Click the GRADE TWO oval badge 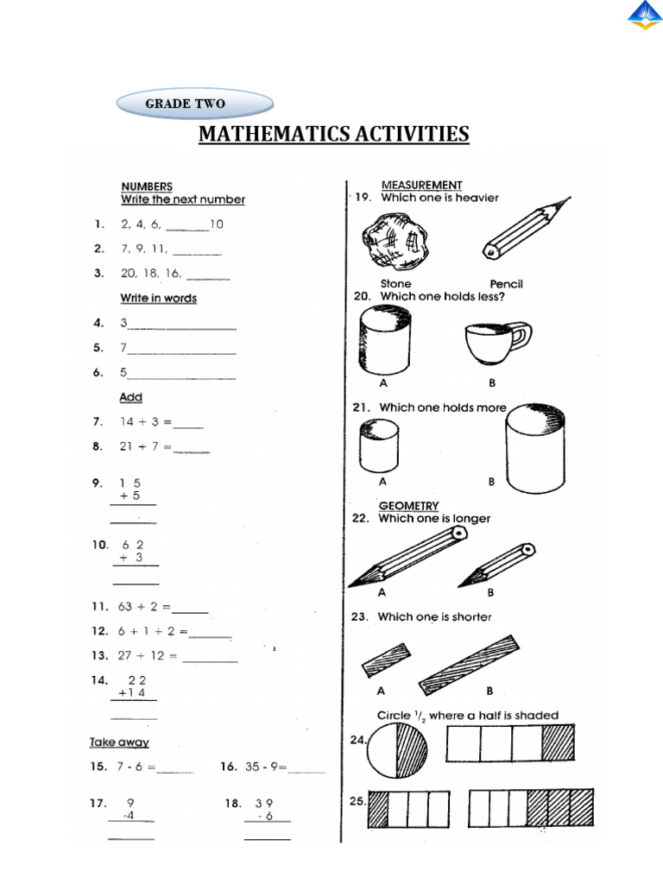(x=194, y=104)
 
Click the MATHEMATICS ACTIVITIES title (x=334, y=134)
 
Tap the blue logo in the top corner (x=644, y=16)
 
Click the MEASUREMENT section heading (x=421, y=185)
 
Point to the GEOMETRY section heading (x=408, y=506)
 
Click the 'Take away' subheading (x=119, y=742)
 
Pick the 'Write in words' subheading (x=158, y=298)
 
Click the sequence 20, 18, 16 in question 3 (x=150, y=273)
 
